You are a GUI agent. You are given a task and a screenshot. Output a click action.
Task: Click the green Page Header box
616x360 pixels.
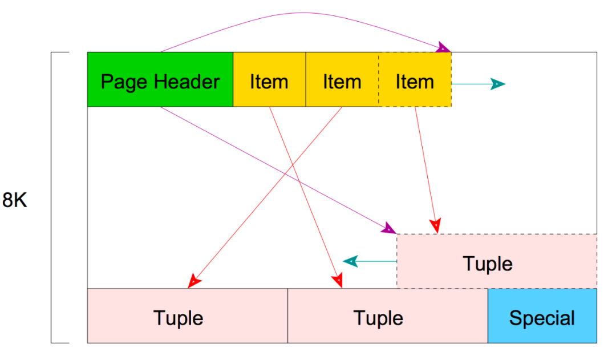point(160,79)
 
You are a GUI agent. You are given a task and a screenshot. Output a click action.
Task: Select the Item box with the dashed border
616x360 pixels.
point(415,79)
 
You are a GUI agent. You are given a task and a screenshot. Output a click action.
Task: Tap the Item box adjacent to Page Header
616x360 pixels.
point(269,79)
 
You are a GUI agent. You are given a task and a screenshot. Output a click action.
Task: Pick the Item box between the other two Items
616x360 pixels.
point(342,79)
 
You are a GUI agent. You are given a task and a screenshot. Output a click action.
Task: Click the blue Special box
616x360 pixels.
point(542,316)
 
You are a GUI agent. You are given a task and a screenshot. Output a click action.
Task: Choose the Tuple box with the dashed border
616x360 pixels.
point(497,261)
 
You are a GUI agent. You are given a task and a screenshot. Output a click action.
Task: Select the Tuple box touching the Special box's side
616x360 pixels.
point(388,316)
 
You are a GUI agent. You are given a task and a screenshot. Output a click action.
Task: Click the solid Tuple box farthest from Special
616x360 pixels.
point(188,316)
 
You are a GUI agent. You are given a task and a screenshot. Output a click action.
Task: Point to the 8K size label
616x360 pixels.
point(14,200)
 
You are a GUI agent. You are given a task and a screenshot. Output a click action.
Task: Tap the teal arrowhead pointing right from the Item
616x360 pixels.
point(498,84)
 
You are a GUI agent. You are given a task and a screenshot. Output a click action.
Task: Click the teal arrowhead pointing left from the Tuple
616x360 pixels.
point(350,261)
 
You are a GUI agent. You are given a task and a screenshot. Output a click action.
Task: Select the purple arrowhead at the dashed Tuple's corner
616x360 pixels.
point(389,228)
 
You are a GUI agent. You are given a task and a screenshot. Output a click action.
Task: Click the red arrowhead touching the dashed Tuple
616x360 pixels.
point(435,226)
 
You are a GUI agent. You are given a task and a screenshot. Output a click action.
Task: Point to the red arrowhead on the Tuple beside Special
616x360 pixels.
point(338,281)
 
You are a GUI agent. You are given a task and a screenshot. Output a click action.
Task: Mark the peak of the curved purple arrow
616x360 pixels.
point(302,13)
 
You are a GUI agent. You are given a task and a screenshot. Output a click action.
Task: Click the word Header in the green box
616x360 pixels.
point(187,82)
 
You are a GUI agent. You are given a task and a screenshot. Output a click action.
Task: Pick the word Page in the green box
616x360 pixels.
point(125,82)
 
